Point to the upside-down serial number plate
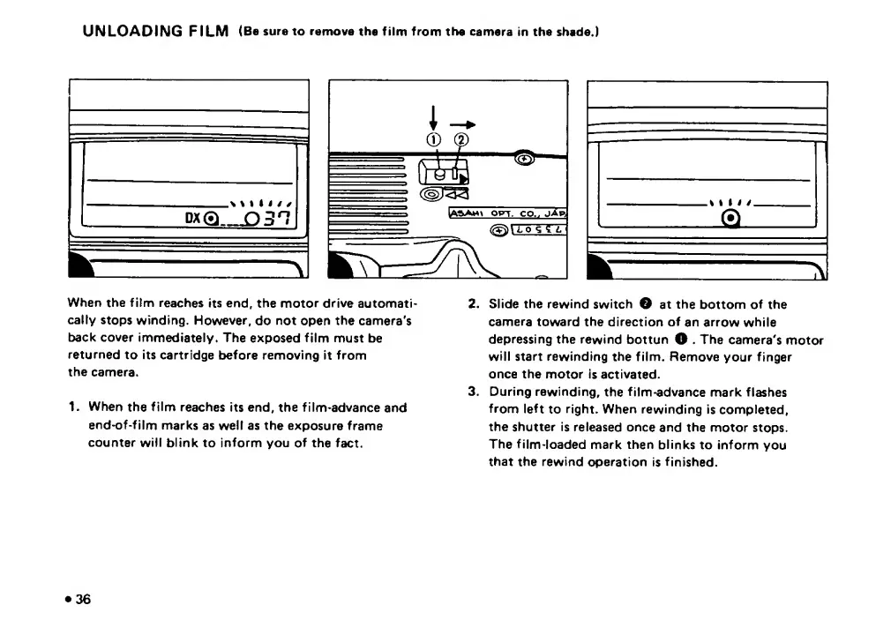tap(537, 230)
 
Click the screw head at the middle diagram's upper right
tap(524, 159)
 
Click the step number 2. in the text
tap(473, 304)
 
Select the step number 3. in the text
tap(473, 392)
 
